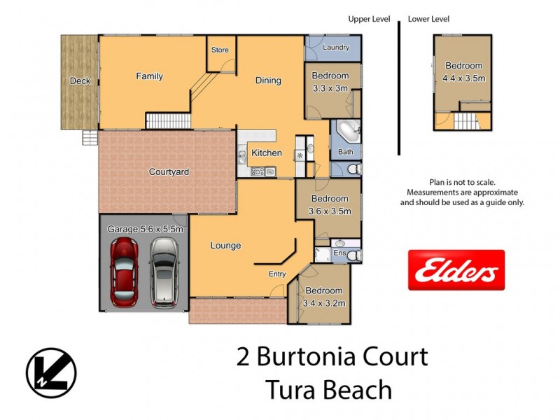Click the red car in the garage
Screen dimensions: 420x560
[x=125, y=271]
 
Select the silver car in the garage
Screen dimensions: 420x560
[x=164, y=271]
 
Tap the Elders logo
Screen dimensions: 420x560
[x=456, y=270]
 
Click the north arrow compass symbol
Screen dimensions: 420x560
[x=51, y=372]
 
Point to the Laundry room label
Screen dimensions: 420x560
[x=337, y=48]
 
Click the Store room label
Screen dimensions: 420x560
[x=220, y=50]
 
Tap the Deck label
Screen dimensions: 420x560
[x=80, y=81]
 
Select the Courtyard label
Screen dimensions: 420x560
[x=169, y=171]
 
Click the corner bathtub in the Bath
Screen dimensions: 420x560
[x=348, y=132]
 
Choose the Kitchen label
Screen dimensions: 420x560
[x=266, y=153]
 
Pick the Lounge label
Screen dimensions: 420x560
[x=225, y=246]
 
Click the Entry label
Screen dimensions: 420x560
[x=277, y=274]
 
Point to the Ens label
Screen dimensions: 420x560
[x=340, y=253]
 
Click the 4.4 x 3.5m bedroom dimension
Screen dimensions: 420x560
[x=463, y=78]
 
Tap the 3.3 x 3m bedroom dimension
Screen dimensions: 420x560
[x=330, y=88]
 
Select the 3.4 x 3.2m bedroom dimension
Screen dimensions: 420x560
[x=323, y=303]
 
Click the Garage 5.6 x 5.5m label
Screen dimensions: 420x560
[x=145, y=229]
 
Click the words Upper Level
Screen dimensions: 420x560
[x=369, y=19]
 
